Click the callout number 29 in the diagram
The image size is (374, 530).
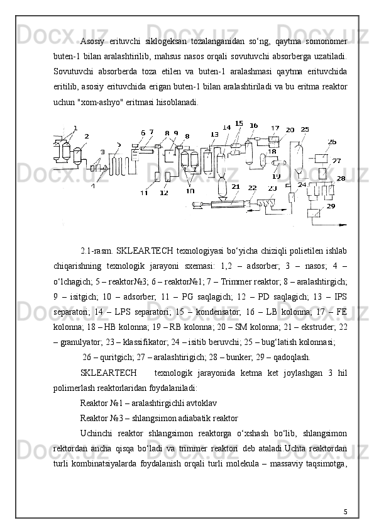click(331, 206)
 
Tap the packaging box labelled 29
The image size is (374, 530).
click(314, 213)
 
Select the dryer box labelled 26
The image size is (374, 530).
click(321, 158)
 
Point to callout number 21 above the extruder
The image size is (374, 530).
click(236, 186)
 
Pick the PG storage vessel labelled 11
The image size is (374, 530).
click(157, 176)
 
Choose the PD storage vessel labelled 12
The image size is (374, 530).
click(168, 176)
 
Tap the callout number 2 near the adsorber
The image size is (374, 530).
click(87, 136)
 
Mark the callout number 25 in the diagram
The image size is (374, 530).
click(305, 129)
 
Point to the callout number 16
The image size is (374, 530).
click(253, 125)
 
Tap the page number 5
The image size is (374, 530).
click(345, 512)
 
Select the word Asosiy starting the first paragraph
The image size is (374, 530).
click(91, 42)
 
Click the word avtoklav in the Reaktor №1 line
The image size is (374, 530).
click(205, 403)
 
